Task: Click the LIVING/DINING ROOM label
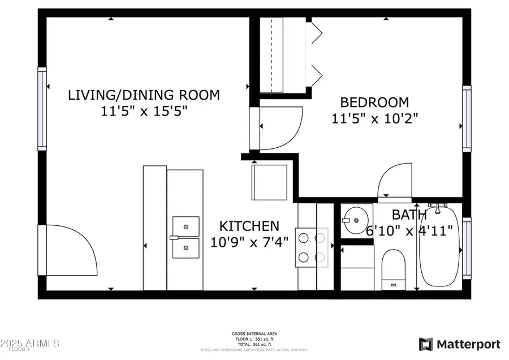pyautogui.click(x=144, y=95)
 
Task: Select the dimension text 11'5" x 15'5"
pyautogui.click(x=144, y=111)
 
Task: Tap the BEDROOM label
pyautogui.click(x=374, y=102)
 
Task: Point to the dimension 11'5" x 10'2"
pyautogui.click(x=374, y=118)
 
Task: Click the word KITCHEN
pyautogui.click(x=249, y=226)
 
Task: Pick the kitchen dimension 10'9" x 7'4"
pyautogui.click(x=249, y=242)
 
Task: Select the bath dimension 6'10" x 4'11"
pyautogui.click(x=409, y=231)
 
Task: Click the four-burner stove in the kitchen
pyautogui.click(x=312, y=247)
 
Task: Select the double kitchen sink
pyautogui.click(x=186, y=237)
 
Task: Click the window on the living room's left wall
pyautogui.click(x=42, y=109)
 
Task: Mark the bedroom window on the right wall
pyautogui.click(x=467, y=118)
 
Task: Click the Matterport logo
pyautogui.click(x=459, y=344)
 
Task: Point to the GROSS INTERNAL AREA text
pyautogui.click(x=254, y=334)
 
